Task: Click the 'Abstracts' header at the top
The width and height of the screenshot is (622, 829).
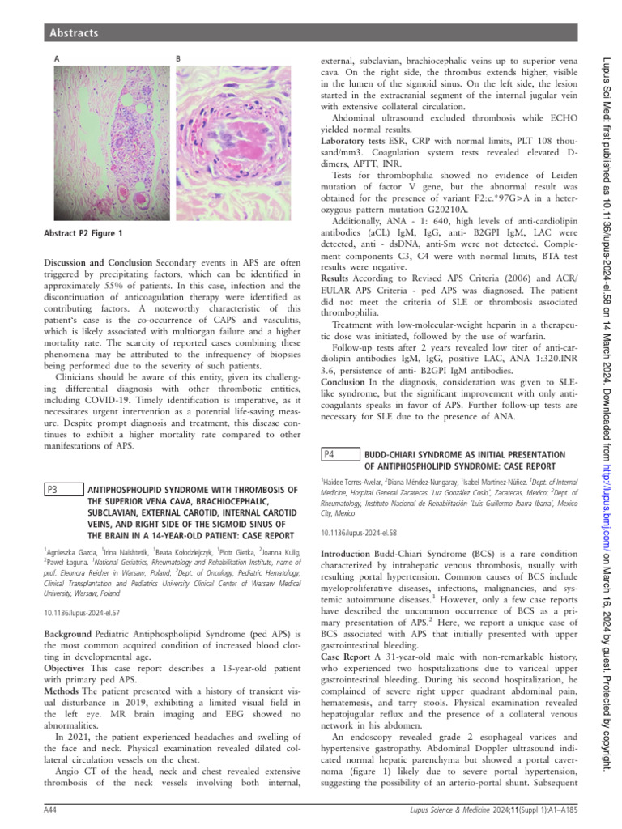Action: tap(73, 33)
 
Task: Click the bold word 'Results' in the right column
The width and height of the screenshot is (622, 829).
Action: tap(336, 277)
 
